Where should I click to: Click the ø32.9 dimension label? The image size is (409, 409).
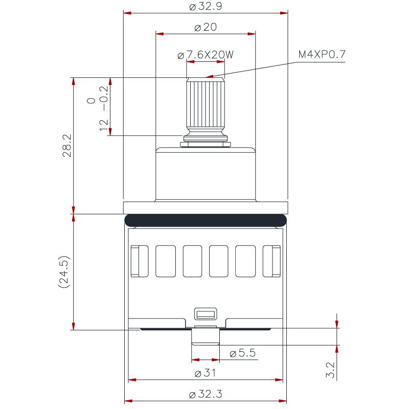[x=206, y=6]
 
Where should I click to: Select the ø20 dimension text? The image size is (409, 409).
[x=206, y=27]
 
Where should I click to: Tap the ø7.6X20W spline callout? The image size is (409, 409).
[x=206, y=55]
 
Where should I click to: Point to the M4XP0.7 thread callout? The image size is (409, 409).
[x=322, y=54]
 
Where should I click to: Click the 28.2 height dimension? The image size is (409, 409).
[x=67, y=145]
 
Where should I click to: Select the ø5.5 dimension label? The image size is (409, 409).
[x=242, y=353]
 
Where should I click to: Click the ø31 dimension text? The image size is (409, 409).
[x=206, y=373]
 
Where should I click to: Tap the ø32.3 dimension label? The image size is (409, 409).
[x=206, y=394]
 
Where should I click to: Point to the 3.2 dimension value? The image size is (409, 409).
[x=330, y=370]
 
